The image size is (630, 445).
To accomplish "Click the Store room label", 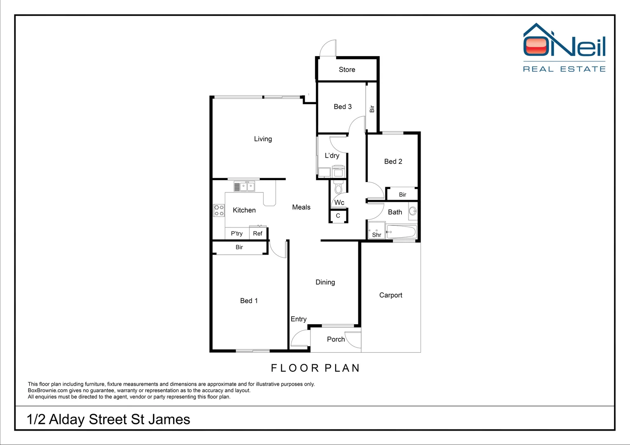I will click(x=347, y=70).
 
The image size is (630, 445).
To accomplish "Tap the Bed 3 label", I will click(x=343, y=107).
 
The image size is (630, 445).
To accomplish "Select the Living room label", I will click(x=263, y=139).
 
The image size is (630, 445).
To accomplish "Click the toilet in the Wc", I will click(x=338, y=187).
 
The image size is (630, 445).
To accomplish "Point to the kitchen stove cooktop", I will click(x=219, y=211).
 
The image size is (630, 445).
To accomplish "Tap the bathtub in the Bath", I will click(x=401, y=232).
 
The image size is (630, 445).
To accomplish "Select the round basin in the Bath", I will click(x=412, y=212).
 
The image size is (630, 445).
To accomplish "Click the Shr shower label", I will click(x=376, y=235).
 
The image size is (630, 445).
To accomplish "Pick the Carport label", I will click(x=390, y=295).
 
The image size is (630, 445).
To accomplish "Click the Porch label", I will click(x=336, y=339).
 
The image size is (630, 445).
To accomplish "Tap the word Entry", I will click(x=299, y=319).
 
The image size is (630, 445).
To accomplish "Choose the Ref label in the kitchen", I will click(x=258, y=233).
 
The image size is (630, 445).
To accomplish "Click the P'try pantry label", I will click(x=237, y=233).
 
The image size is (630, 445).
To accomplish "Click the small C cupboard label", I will click(x=338, y=215).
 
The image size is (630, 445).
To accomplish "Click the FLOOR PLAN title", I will click(x=315, y=368).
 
